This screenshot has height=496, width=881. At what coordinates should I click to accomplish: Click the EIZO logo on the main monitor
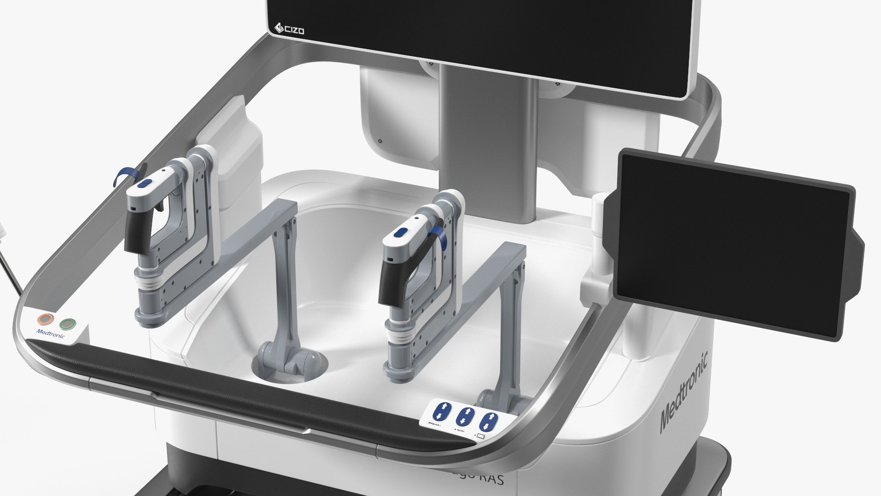pos(289,29)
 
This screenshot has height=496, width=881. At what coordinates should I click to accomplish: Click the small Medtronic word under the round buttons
pos(50,333)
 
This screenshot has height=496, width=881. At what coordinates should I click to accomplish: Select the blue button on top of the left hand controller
pos(143,184)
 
